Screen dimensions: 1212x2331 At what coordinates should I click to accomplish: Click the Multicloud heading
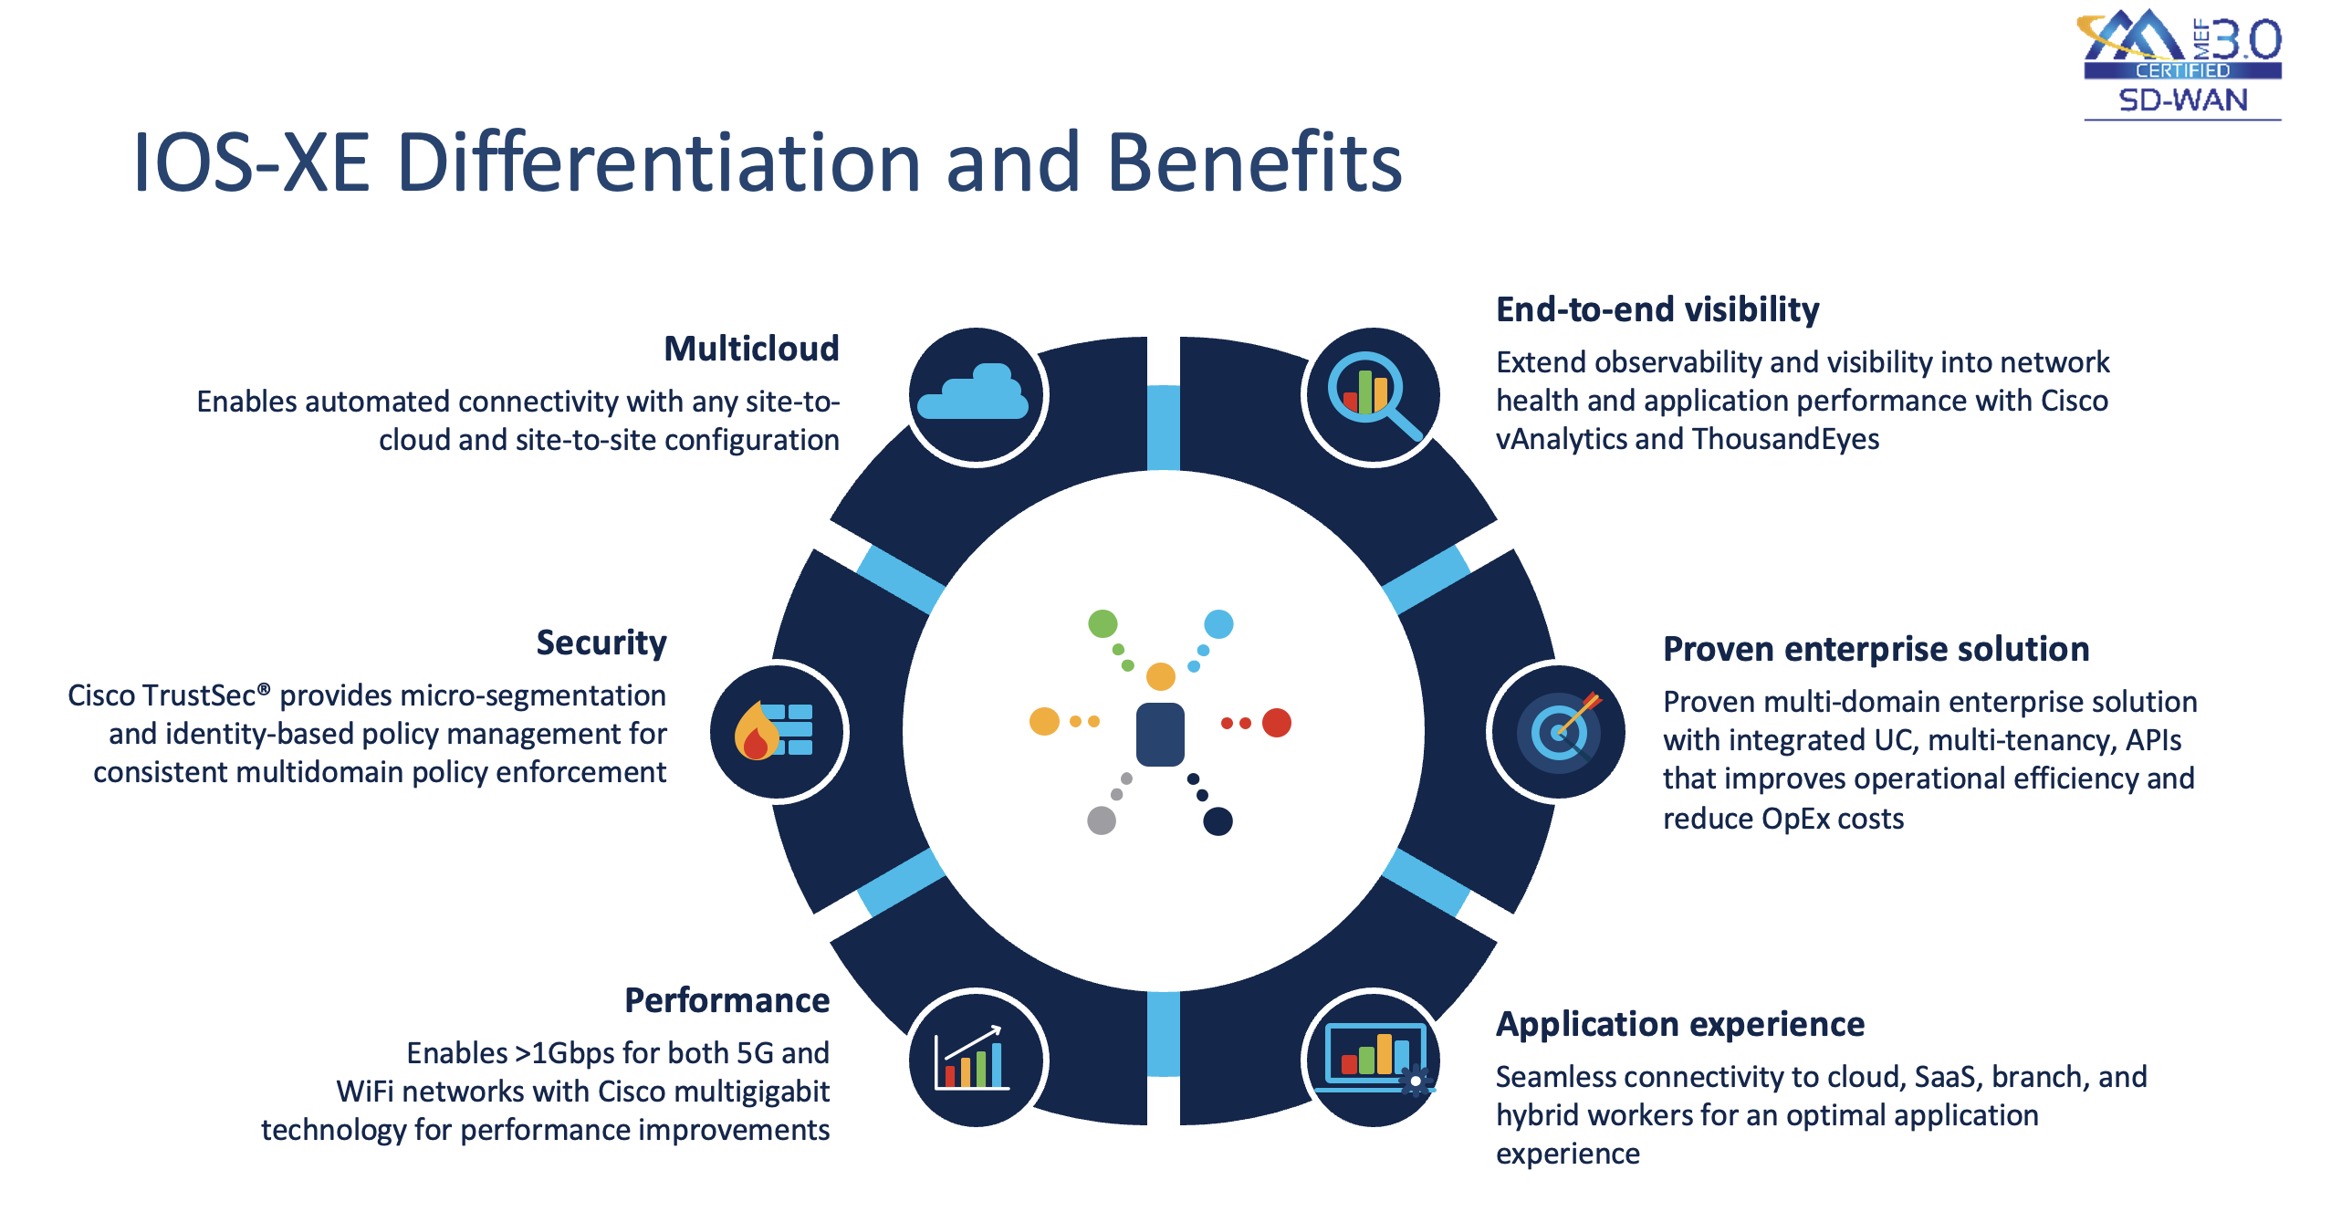click(750, 349)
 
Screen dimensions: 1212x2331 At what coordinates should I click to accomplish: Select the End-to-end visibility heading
click(1657, 309)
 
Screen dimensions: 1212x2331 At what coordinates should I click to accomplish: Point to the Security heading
click(601, 643)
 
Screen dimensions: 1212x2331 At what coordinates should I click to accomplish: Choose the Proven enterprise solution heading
click(1876, 649)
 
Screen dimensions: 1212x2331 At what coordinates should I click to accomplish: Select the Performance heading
click(726, 1000)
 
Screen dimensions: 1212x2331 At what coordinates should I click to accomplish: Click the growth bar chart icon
click(973, 1059)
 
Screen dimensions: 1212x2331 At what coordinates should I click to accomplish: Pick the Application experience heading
click(1679, 1024)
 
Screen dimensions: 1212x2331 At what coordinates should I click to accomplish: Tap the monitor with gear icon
click(1373, 1059)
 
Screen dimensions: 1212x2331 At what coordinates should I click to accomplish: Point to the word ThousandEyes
click(1785, 439)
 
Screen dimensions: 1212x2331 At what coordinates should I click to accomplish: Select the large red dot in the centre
click(1276, 723)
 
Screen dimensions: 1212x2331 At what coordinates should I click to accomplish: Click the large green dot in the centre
click(1103, 624)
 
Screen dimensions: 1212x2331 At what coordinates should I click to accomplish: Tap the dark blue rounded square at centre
click(1160, 734)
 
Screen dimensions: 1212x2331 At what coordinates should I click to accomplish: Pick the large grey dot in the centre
click(1102, 820)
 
